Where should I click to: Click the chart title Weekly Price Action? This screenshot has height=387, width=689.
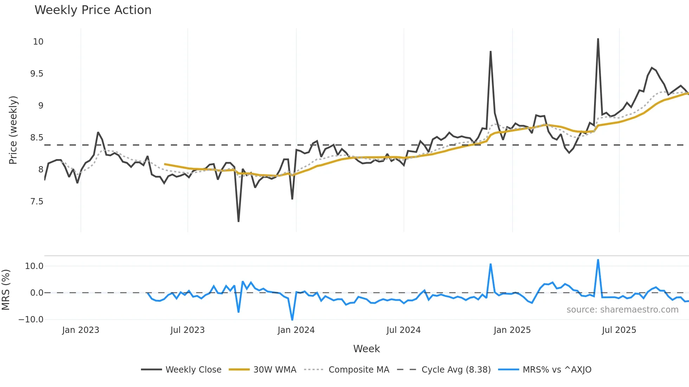pos(93,10)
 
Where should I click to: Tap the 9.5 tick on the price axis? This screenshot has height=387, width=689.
pos(37,74)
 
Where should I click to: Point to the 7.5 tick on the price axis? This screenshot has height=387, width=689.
pos(37,202)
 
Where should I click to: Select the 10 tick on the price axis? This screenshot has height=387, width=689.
pos(38,42)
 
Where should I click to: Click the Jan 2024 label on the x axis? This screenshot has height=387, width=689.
pos(296,330)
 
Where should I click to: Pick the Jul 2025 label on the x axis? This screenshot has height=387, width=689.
pos(619,330)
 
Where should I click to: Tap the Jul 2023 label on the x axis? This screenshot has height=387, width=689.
pos(187,330)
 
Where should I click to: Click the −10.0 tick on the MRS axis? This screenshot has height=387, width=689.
pos(31,320)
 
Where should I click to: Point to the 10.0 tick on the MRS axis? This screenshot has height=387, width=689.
pos(34,266)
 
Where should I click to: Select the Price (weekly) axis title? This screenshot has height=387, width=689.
pos(13,130)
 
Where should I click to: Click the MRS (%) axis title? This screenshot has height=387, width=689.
pos(6,290)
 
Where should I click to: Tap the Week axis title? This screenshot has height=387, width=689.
pos(366,349)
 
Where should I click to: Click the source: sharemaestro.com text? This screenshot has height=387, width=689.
pos(622,310)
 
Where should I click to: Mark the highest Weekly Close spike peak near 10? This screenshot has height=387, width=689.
pos(598,39)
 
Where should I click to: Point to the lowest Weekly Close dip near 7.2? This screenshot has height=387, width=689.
pos(238,221)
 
